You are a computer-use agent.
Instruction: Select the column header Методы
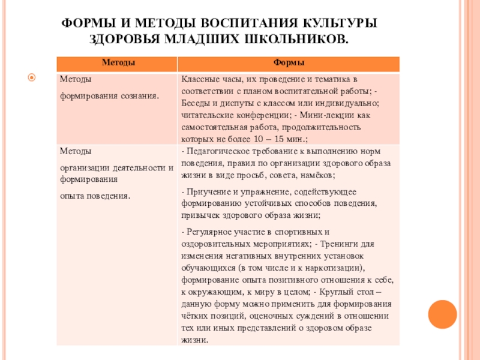click(x=117, y=63)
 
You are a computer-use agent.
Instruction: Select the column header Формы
click(x=289, y=63)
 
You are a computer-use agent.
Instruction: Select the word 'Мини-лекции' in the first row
click(x=318, y=115)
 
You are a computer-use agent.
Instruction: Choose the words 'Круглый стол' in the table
click(x=348, y=292)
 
